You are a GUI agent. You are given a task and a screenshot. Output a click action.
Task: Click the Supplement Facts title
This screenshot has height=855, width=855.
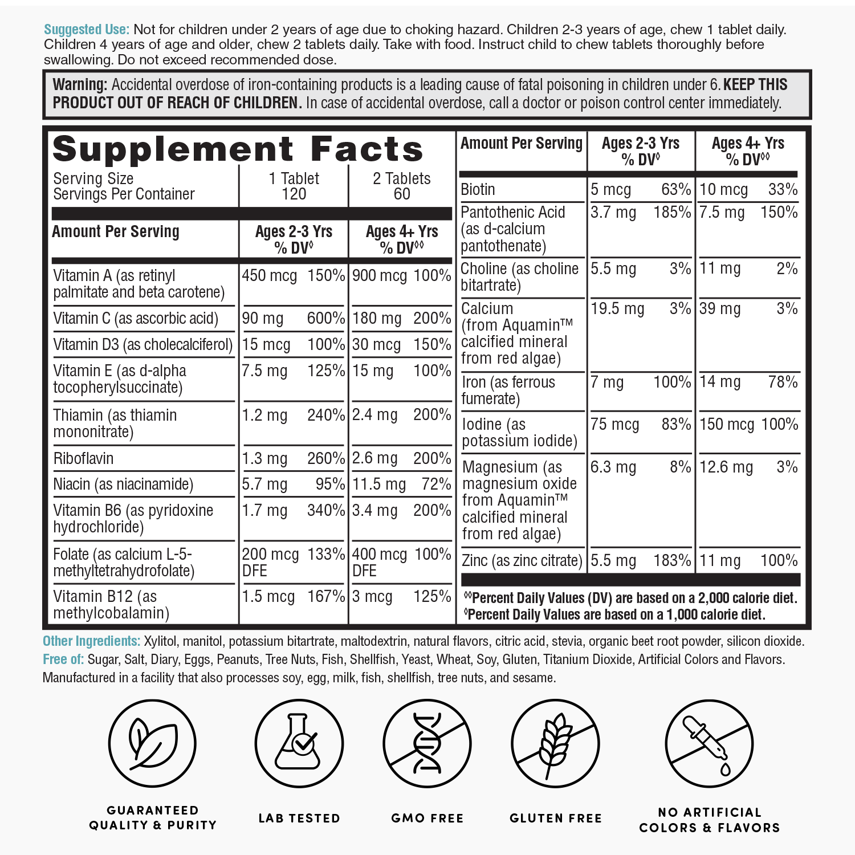[238, 149]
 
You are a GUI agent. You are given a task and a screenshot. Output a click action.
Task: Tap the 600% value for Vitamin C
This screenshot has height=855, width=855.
[325, 318]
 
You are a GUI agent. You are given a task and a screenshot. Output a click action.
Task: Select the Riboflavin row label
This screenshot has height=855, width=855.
[83, 458]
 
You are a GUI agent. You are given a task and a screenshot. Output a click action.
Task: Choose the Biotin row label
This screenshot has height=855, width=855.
[478, 189]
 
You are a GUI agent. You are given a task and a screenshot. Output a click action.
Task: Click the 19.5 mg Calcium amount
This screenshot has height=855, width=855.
[617, 309]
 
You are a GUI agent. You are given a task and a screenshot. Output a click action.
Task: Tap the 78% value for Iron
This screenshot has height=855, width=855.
[783, 382]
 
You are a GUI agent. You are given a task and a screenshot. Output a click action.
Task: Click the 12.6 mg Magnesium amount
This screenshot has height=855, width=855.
[726, 467]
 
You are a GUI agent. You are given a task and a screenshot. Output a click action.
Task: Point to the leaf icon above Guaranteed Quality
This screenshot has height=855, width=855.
[152, 744]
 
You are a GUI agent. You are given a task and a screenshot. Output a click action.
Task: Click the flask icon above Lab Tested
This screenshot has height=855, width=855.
[299, 744]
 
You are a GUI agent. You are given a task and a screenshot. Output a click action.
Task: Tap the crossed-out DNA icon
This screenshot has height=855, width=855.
[427, 744]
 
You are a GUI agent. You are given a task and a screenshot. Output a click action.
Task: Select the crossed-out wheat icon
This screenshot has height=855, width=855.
[555, 744]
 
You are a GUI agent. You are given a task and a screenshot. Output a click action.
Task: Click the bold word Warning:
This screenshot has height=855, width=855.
[80, 85]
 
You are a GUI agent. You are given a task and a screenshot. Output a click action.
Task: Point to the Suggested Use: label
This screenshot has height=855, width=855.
[87, 30]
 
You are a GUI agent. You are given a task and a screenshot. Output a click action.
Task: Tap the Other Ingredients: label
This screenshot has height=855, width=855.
[91, 641]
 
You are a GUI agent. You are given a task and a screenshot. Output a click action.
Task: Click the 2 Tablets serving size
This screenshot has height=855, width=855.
[402, 179]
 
